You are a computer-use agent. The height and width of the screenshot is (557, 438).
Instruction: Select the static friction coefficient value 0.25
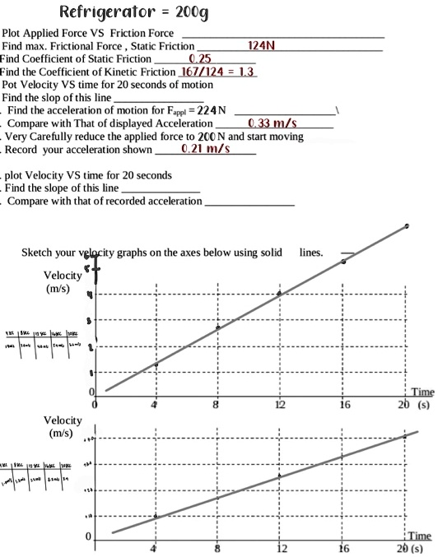[201, 59]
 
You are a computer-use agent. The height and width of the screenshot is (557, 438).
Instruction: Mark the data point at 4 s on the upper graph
[156, 364]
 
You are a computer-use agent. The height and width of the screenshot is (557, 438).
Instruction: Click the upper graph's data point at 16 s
[344, 262]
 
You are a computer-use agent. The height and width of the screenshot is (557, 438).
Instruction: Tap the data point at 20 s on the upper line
[407, 225]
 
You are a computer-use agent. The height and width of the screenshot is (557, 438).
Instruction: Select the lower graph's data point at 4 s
[156, 516]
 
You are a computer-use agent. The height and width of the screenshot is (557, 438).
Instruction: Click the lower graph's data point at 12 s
[280, 476]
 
